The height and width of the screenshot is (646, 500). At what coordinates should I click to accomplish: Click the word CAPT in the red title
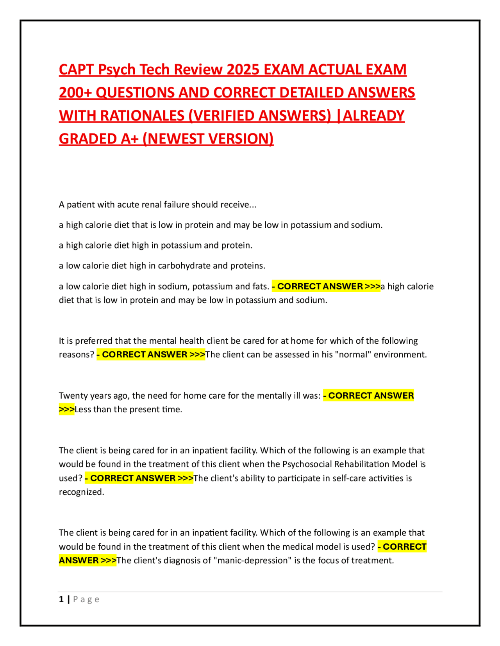[77, 69]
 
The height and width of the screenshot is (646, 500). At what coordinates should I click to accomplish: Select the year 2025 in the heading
[243, 69]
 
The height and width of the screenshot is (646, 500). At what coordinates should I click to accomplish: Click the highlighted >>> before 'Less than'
[66, 409]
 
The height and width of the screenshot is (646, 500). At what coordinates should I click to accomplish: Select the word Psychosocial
[306, 464]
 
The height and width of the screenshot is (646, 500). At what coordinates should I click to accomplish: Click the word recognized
[81, 492]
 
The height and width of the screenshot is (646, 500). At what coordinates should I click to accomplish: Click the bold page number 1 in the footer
[61, 599]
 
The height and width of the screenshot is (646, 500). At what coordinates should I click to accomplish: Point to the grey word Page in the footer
[86, 600]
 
